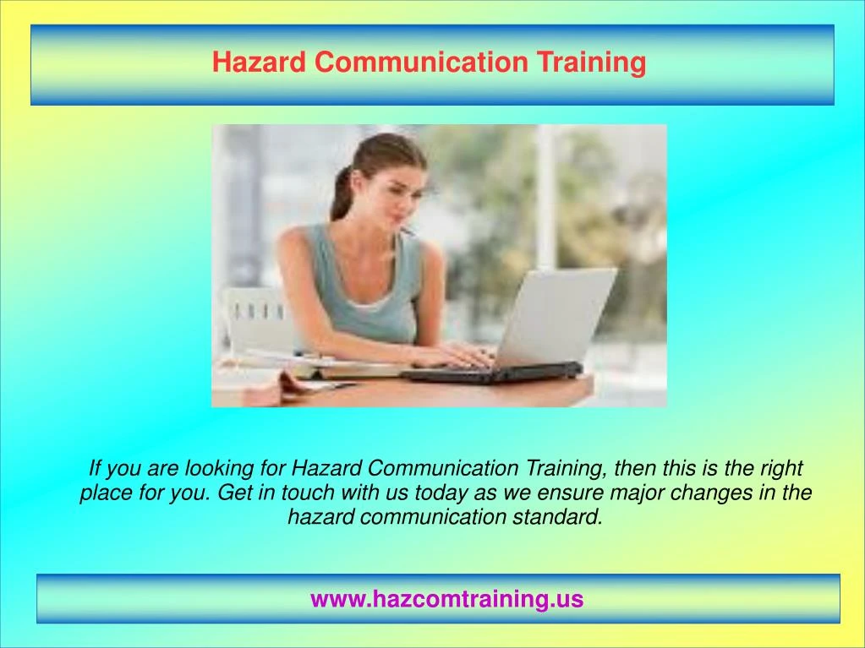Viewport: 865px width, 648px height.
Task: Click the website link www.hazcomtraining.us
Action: tap(446, 599)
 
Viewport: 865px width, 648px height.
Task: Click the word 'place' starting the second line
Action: tap(104, 493)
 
